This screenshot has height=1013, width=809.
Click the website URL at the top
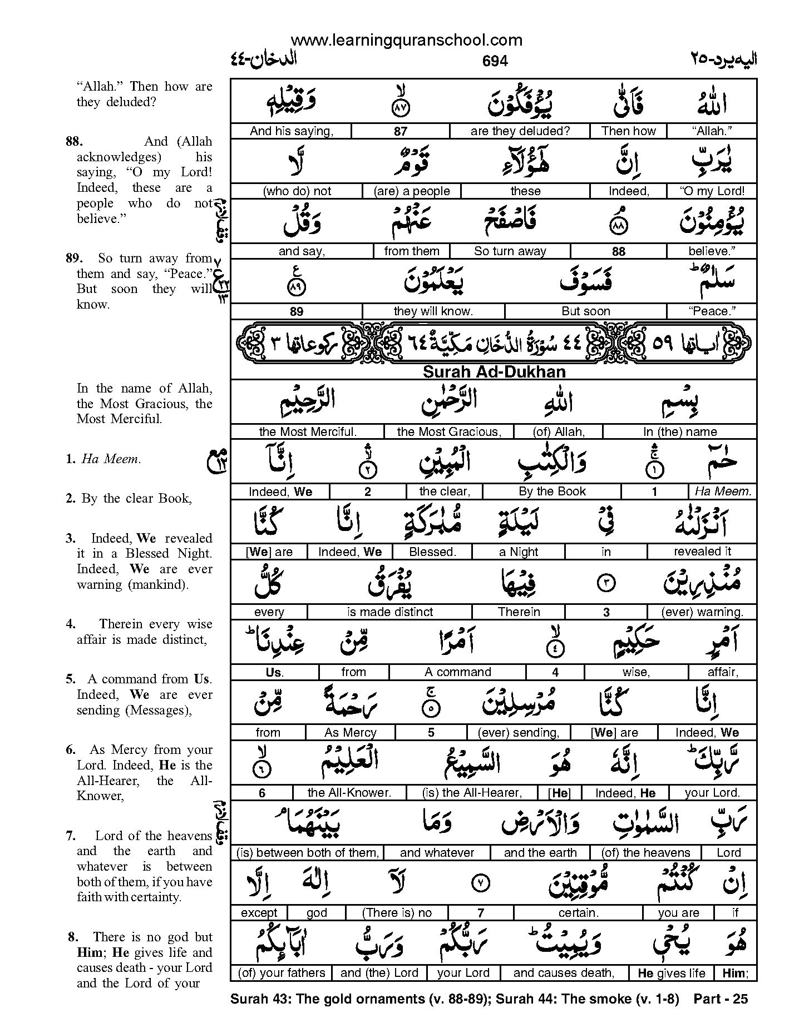[406, 40]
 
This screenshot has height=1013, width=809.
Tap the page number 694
[495, 61]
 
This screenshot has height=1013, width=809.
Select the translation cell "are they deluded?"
[520, 131]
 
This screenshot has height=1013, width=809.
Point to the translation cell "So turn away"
[510, 251]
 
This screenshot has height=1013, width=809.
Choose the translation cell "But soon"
[585, 311]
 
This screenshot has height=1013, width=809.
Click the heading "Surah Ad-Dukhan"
[494, 372]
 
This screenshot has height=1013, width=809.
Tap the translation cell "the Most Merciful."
[307, 432]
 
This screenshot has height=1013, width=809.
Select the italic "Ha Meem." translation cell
[722, 491]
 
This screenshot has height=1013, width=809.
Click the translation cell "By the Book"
[552, 491]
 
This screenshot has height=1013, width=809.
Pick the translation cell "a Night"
[519, 552]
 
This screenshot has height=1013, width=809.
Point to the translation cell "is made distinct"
[389, 612]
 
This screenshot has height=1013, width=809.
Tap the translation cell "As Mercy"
[350, 733]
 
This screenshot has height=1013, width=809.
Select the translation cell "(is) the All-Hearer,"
[472, 793]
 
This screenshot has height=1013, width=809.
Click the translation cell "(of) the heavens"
[645, 853]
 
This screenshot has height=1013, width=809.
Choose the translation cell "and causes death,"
[564, 973]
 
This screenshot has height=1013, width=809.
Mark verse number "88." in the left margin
[73, 142]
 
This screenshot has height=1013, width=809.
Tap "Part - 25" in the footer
[721, 999]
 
